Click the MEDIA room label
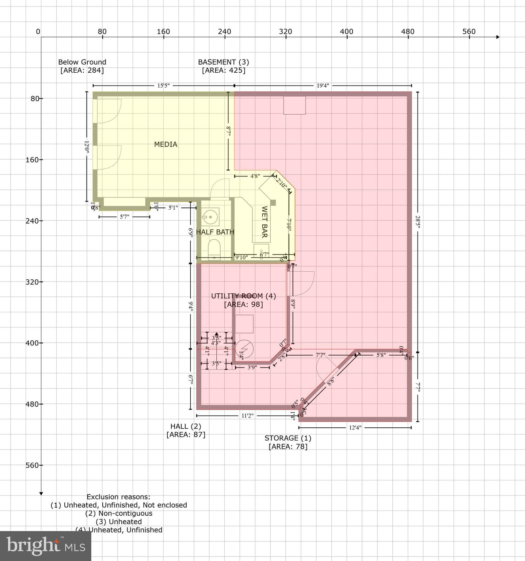166,144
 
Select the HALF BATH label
215,232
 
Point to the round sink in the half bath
210,217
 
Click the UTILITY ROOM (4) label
243,296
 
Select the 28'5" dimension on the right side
418,222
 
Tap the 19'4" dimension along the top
323,86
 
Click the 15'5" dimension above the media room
163,86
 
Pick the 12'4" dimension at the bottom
355,427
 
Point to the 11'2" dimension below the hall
247,416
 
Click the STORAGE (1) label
288,438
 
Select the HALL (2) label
186,426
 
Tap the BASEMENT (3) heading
224,62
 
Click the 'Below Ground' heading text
82,62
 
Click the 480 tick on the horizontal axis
408,32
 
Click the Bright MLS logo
46,546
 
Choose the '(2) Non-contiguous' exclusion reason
119,513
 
